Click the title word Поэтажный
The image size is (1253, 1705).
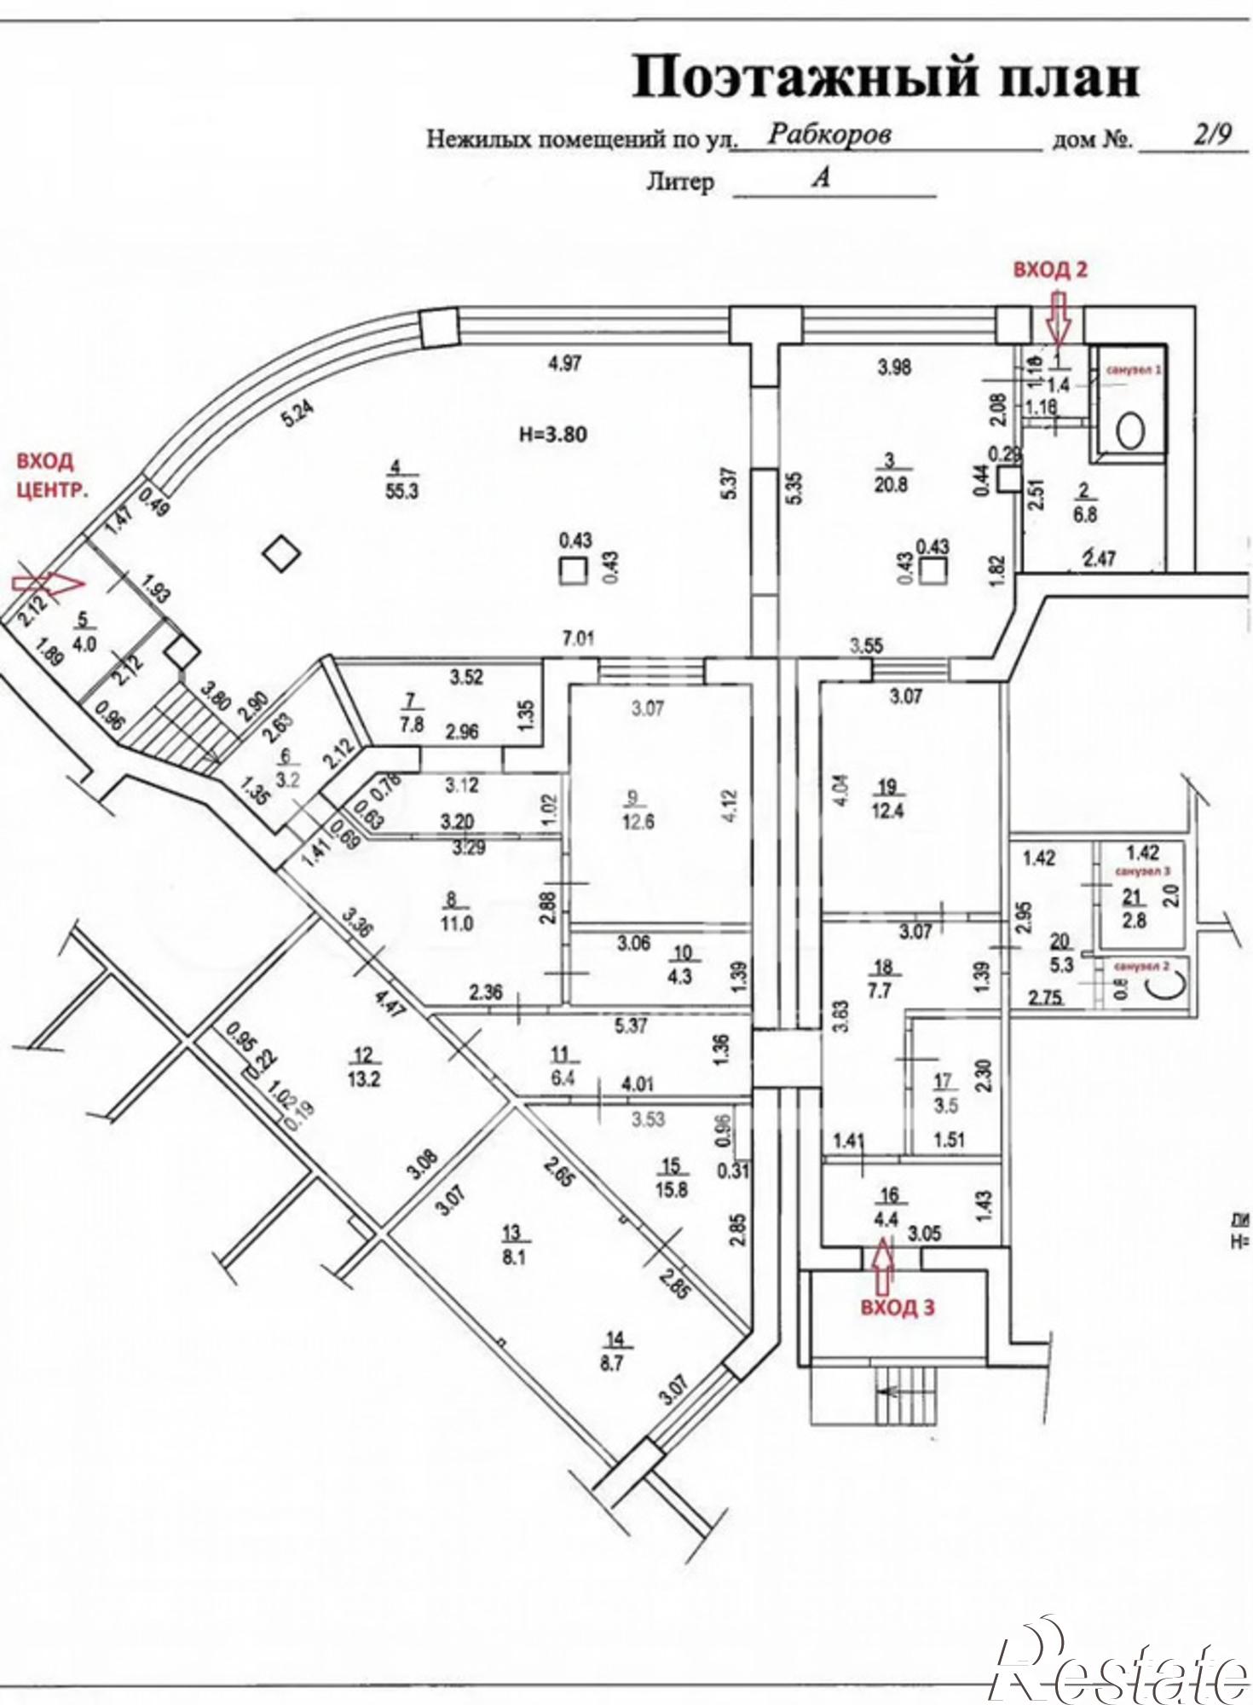coord(798,79)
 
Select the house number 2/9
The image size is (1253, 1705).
coord(1211,135)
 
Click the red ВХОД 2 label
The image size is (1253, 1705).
coord(1049,270)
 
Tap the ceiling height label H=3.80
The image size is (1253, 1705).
coord(552,434)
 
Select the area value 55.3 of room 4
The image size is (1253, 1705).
coord(401,492)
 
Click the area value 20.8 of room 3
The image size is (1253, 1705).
coord(889,484)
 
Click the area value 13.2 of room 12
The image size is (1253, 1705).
coord(364,1078)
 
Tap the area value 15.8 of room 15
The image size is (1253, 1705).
coord(672,1188)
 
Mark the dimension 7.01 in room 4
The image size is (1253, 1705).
coord(577,639)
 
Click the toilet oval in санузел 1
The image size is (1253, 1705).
coord(1130,431)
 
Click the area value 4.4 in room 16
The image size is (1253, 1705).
coord(886,1220)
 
